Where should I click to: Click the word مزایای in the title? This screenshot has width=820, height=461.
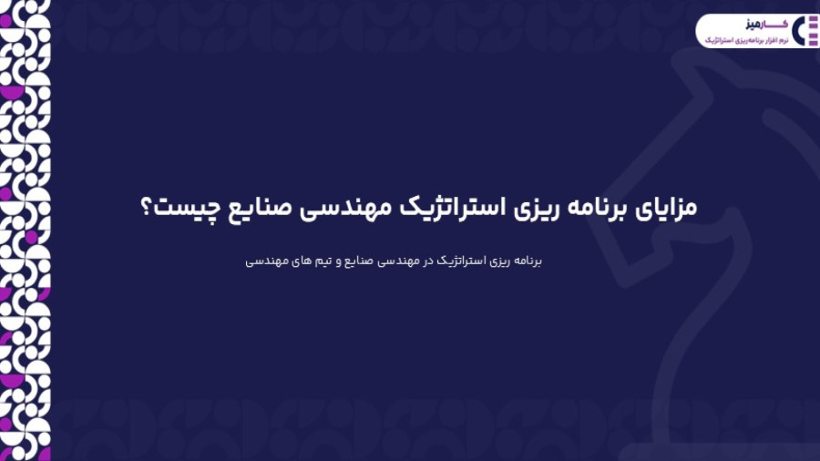pos(666,208)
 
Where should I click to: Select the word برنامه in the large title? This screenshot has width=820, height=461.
pos(598,207)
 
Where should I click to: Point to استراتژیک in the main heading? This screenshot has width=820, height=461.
pos(452,207)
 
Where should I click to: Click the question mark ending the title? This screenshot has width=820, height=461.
pos(147,207)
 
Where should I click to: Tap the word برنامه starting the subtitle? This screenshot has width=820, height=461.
pos(528,261)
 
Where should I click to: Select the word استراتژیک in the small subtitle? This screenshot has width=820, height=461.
pos(458,261)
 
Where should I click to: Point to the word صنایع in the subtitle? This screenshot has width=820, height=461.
pos(358,261)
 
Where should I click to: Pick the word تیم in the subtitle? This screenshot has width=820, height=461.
pos(323,261)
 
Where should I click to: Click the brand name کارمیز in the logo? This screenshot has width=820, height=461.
pos(766,25)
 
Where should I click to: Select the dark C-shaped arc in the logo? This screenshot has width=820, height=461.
pos(796,31)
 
